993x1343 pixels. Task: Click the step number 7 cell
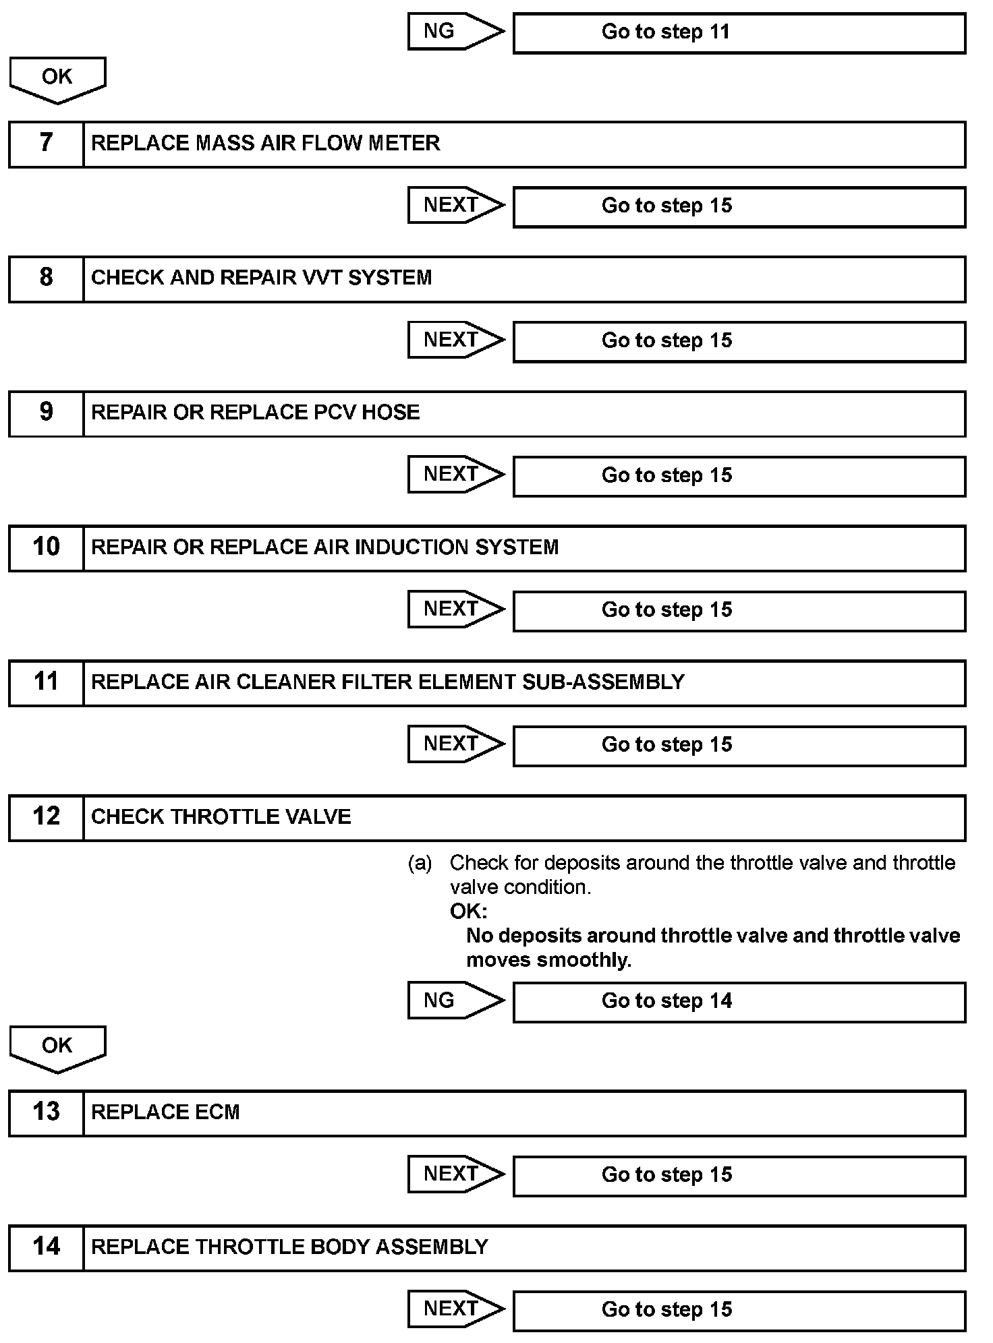tap(46, 144)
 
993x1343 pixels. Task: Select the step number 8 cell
tap(46, 278)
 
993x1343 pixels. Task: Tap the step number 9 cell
tap(46, 413)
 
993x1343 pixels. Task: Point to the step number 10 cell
tap(46, 547)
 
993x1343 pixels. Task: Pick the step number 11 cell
tap(46, 682)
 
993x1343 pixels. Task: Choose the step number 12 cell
tap(46, 817)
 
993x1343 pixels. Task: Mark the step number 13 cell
tap(46, 1112)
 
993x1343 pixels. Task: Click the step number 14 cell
tap(46, 1247)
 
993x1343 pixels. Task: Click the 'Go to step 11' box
tap(739, 33)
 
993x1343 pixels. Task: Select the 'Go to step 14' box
tap(739, 1002)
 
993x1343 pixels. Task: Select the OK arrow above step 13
tap(57, 1048)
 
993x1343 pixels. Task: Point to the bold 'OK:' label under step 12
tap(468, 912)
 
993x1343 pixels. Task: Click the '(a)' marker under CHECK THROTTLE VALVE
tap(420, 863)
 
